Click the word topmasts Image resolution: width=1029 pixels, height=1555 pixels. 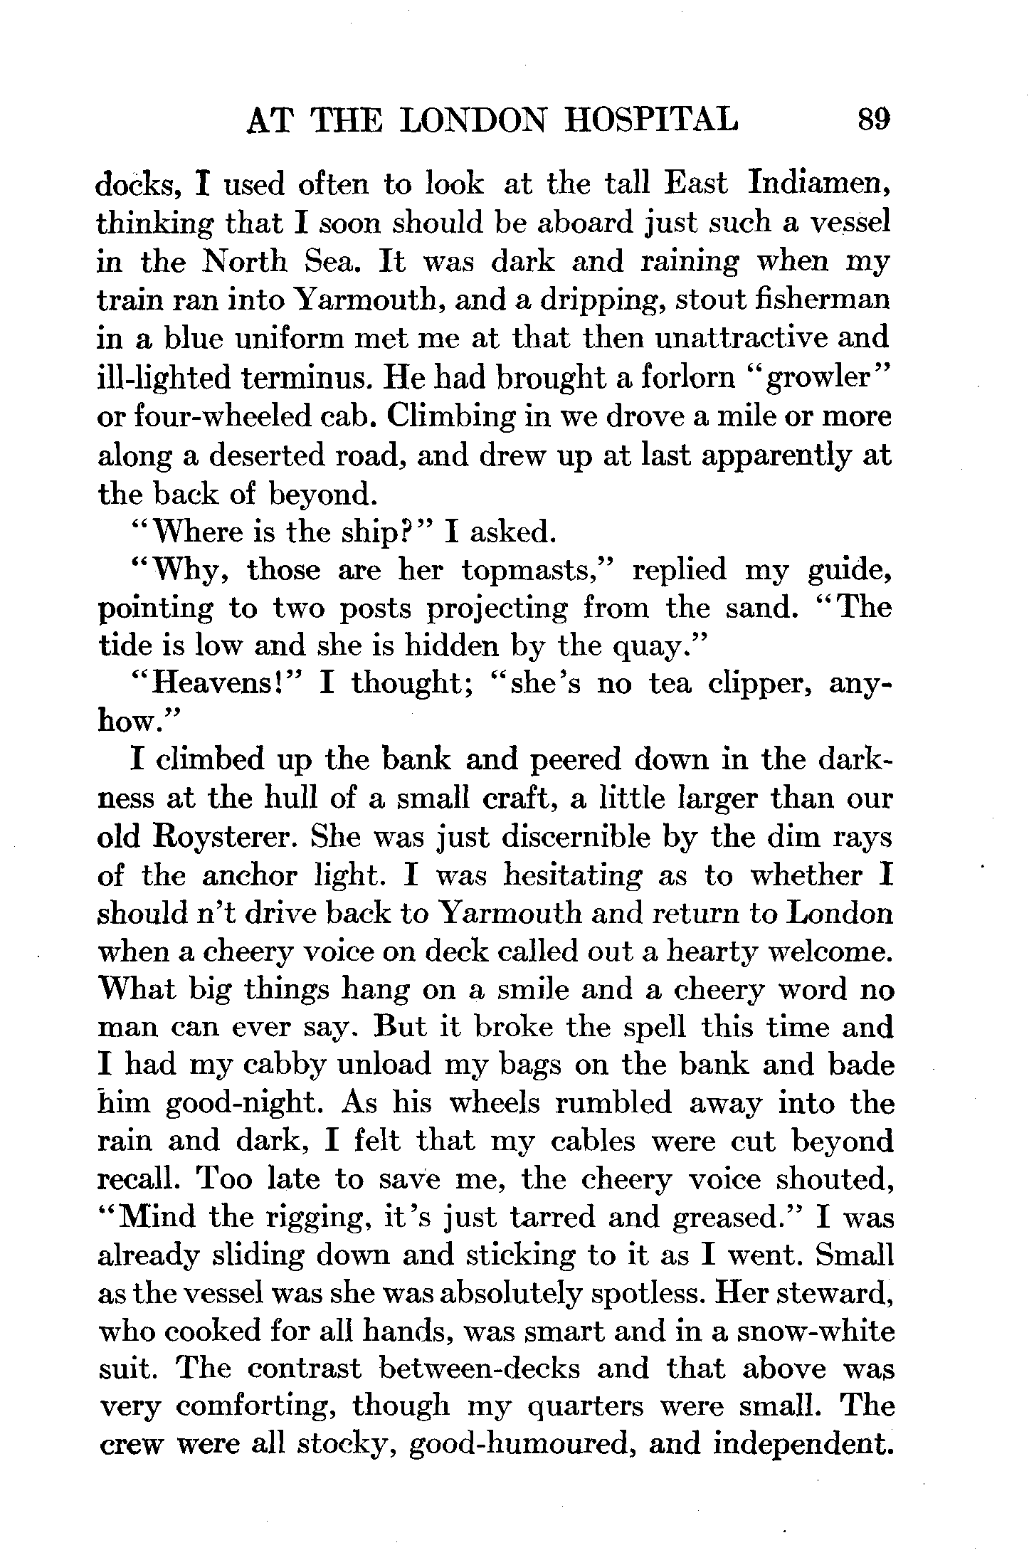pyautogui.click(x=534, y=570)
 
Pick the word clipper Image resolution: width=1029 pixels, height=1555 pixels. pyautogui.click(x=753, y=684)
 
